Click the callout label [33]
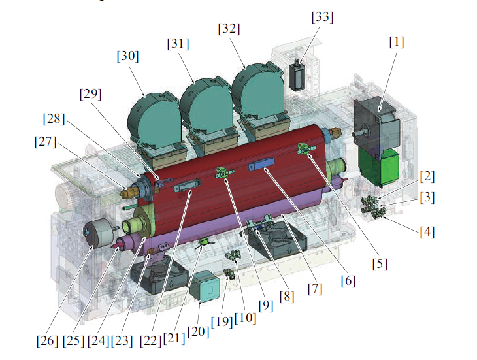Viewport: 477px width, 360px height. point(322,17)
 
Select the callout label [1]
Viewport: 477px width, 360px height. point(397,42)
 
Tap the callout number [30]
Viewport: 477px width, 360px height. point(128,56)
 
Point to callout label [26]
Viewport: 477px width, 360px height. point(47,340)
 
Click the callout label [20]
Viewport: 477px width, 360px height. point(199,331)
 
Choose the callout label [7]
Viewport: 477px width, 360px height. point(315,289)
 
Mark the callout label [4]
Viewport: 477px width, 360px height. point(427,233)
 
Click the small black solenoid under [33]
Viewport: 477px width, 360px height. point(297,74)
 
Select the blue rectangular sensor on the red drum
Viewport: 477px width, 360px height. point(261,165)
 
